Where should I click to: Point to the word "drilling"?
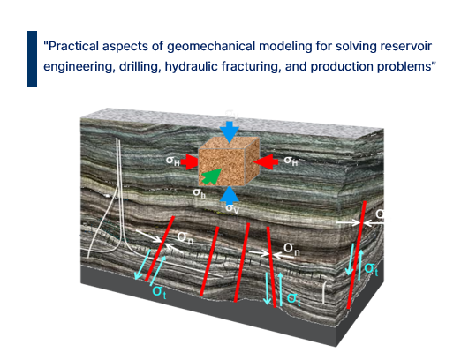tap(139, 67)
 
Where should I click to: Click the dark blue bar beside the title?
tap(32, 59)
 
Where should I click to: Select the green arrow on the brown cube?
tap(212, 176)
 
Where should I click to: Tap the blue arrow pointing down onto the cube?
tap(230, 131)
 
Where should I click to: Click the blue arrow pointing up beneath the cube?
tap(230, 194)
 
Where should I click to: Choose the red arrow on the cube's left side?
tap(189, 161)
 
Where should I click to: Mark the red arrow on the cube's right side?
tap(266, 161)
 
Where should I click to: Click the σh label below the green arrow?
tap(199, 193)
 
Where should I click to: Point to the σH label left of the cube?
tap(173, 161)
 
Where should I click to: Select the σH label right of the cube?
tap(291, 161)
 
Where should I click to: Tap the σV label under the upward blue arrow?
tap(232, 208)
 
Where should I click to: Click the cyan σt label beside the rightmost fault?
tap(371, 268)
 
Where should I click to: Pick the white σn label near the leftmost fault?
tap(185, 237)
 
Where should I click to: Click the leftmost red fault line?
tap(160, 249)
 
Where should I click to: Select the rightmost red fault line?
tap(357, 255)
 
